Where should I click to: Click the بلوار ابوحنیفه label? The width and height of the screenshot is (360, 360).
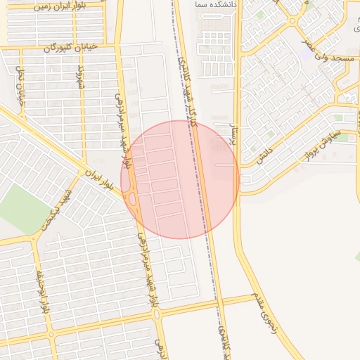pyautogui.click(x=43, y=288)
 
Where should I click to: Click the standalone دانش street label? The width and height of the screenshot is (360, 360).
pyautogui.click(x=264, y=153)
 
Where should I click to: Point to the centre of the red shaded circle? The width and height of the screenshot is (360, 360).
pyautogui.click(x=180, y=179)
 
